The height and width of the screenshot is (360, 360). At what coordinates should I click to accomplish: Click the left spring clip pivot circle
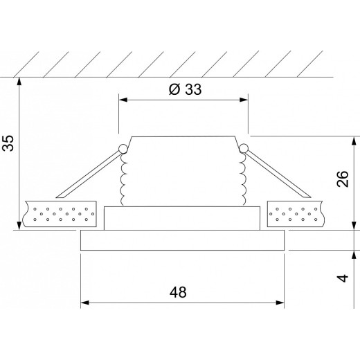coord(123,148)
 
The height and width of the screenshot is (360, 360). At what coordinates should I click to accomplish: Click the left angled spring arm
coord(90,173)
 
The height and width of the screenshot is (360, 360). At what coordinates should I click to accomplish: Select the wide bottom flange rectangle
coord(183,241)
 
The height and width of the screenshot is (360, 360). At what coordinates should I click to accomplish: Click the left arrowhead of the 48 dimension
coord(86,303)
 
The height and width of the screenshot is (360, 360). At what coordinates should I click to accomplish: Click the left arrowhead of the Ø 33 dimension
coord(123,100)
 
